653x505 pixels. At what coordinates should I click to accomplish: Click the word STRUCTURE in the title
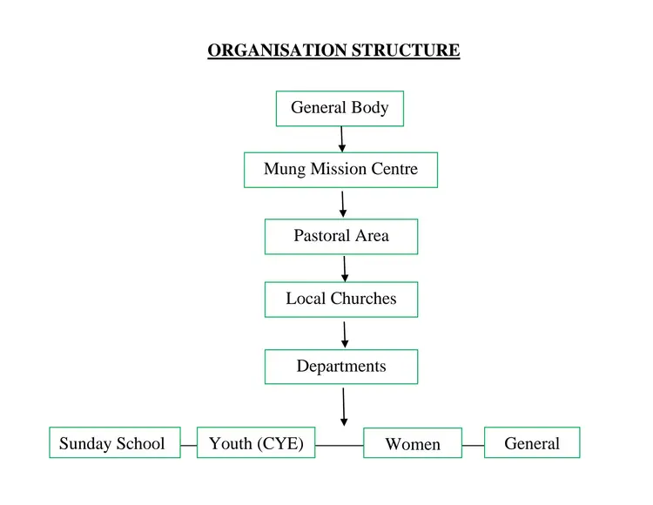406,50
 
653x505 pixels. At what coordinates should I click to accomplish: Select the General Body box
340,109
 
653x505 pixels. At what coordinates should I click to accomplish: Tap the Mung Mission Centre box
340,170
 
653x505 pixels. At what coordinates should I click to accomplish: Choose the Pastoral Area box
341,236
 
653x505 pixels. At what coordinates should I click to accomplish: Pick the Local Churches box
341,299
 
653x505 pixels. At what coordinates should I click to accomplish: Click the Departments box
341,367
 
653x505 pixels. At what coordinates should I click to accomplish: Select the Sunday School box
114,443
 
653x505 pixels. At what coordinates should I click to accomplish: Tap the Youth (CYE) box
256,443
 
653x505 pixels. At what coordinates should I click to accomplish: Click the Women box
413,444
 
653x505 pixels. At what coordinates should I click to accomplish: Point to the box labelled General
532,443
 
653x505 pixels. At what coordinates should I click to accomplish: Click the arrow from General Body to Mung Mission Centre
342,139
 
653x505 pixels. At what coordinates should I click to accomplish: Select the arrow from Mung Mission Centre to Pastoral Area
343,204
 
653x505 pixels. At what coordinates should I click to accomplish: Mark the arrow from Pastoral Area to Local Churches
345,268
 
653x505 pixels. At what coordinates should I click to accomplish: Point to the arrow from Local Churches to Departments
345,334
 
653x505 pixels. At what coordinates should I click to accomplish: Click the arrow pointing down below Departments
344,406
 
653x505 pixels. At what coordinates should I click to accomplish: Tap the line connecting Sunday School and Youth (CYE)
188,445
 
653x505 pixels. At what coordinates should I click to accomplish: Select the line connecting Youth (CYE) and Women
339,445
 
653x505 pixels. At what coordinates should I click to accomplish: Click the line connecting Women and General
473,445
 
